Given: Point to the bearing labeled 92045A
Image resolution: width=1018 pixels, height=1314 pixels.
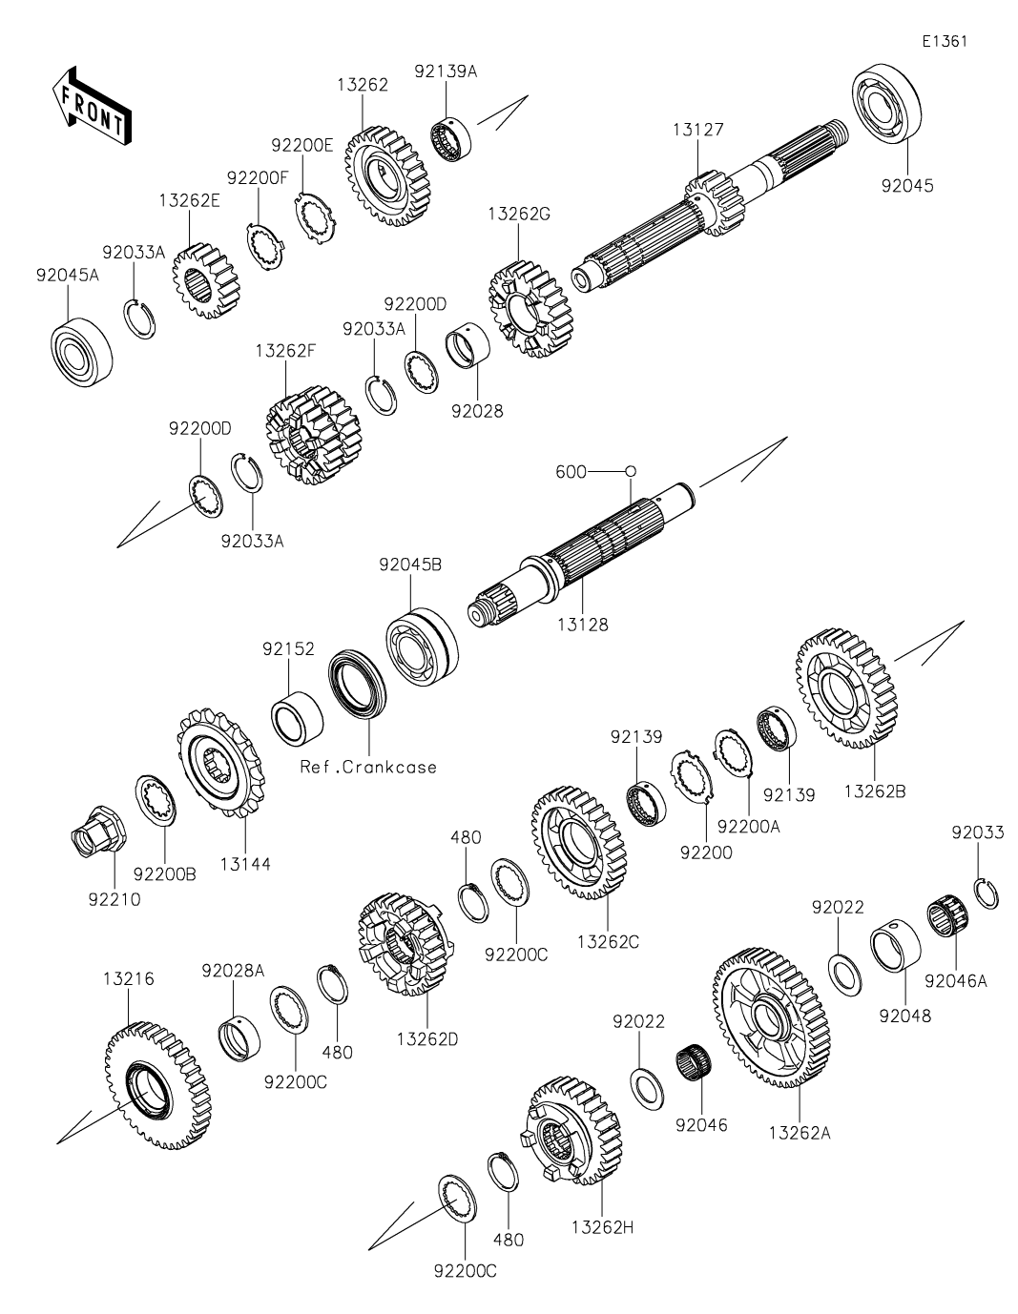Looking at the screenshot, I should point(81,343).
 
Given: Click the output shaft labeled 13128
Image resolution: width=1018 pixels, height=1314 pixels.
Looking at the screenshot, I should point(582,553).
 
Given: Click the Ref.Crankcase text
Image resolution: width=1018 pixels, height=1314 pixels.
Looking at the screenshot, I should point(368,767).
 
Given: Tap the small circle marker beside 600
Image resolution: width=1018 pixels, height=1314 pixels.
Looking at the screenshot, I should point(630,471).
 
